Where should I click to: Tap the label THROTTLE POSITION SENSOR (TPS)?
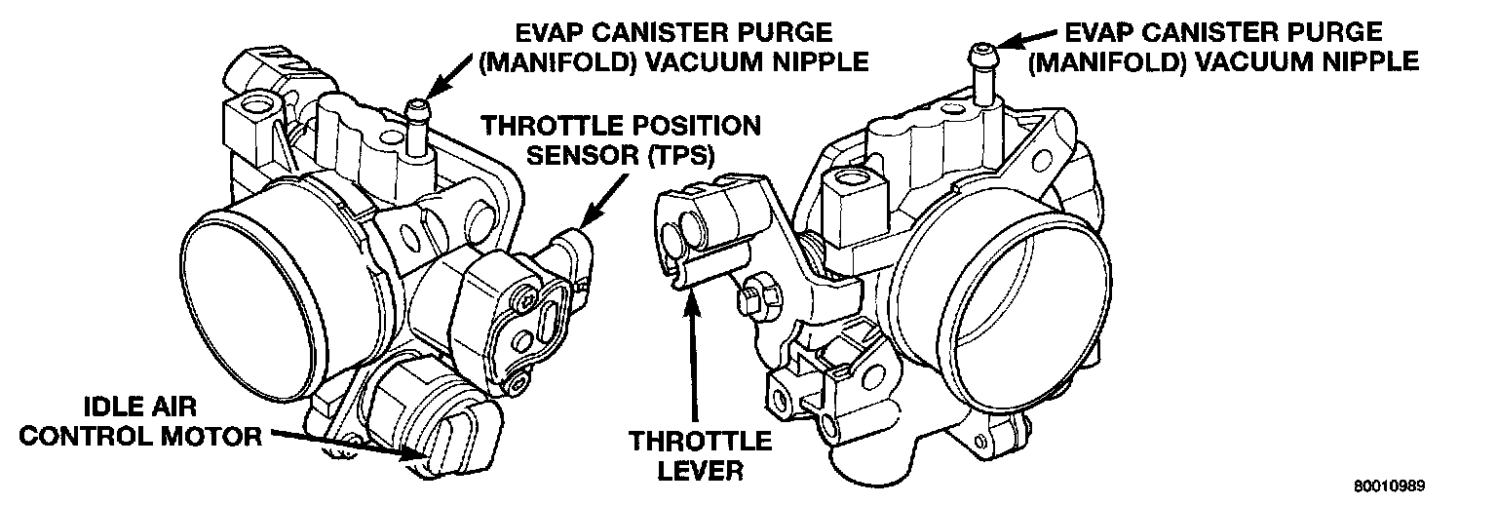[x=622, y=139]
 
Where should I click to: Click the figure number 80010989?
[x=1394, y=486]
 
